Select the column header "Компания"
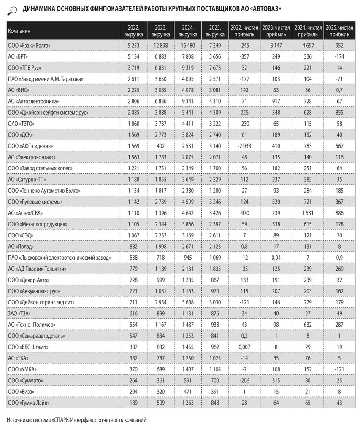pyautogui.click(x=19, y=31)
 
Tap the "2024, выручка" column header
pyautogui.click(x=188, y=31)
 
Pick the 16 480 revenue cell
pyautogui.click(x=188, y=45)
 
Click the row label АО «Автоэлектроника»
pyautogui.click(x=33, y=101)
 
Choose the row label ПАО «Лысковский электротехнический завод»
pyautogui.click(x=59, y=258)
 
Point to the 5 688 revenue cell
pyautogui.click(x=188, y=302)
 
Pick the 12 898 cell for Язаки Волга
pyautogui.click(x=161, y=45)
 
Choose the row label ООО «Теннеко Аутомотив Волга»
pyautogui.click(x=44, y=191)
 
